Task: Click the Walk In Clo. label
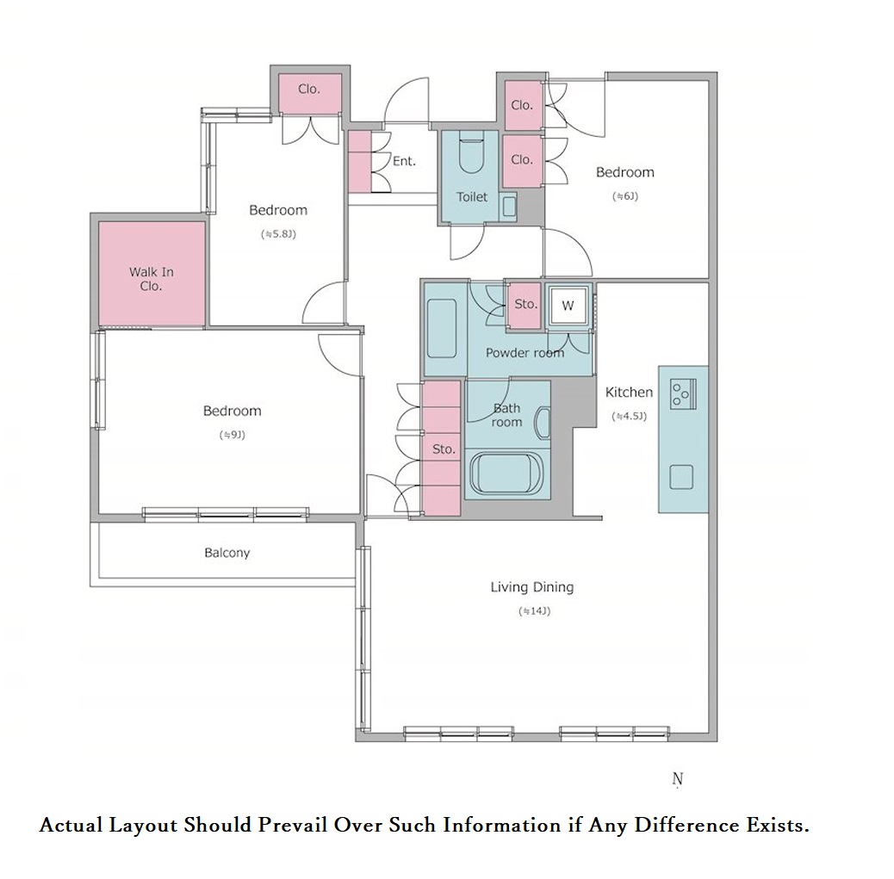coord(151,279)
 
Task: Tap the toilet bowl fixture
coord(471,152)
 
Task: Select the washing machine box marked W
coord(568,306)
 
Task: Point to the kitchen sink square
coord(681,477)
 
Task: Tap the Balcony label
coord(227,553)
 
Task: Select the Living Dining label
coord(532,587)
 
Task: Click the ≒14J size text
coord(534,611)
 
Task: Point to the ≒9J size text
coord(232,435)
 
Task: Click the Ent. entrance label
coord(404,161)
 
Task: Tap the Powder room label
coord(525,353)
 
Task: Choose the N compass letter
coord(677,778)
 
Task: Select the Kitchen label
coord(629,393)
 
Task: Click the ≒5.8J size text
coord(278,234)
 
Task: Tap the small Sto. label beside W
coord(525,305)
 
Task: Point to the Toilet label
coord(471,197)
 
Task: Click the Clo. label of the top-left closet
coord(309,89)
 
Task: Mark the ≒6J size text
coord(625,196)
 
